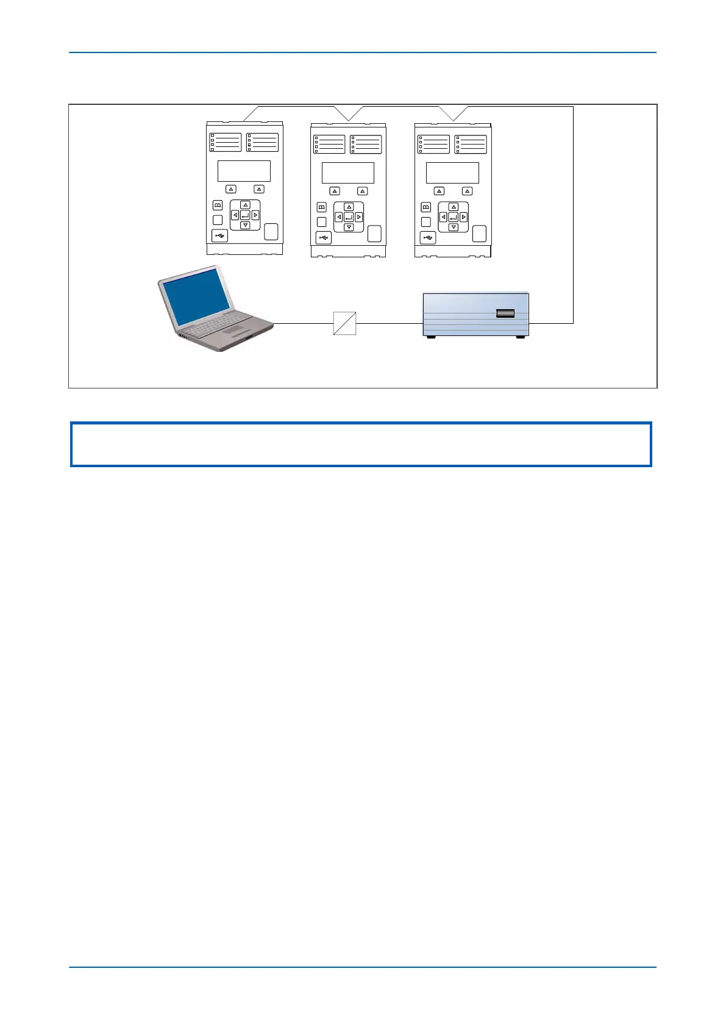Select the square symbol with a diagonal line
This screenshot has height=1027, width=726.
344,323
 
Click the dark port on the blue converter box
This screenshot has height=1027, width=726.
505,313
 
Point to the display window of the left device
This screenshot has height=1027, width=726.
244,171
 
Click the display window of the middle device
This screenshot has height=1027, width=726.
348,173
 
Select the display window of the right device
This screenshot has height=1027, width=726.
452,173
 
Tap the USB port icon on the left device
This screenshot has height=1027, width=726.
219,235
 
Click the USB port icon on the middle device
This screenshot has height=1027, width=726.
323,237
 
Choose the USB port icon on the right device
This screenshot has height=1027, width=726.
428,237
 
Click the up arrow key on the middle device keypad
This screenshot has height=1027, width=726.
349,207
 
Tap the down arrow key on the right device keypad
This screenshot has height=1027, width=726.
453,227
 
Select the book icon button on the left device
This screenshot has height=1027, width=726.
218,206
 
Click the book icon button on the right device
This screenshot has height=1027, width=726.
426,207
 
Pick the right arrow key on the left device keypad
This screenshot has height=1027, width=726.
255,215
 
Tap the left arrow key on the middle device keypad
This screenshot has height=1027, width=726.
338,217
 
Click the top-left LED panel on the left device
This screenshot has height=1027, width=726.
226,142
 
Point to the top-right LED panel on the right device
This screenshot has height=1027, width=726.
471,144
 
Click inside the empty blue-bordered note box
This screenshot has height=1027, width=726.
361,444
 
